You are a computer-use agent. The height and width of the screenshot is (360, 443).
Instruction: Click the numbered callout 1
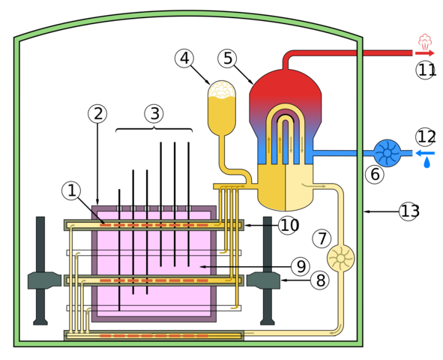pos(71,190)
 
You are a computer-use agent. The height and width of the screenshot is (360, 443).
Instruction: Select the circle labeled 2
pos(97,114)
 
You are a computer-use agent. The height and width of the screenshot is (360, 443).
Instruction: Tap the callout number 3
pos(154,114)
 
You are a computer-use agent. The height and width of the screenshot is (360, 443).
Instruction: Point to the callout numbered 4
pos(184,58)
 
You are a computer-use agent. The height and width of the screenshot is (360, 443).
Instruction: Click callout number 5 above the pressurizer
pos(228,58)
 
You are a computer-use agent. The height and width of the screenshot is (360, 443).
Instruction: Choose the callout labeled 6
pos(375,175)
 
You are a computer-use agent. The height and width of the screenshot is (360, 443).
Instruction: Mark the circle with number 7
pos(322,238)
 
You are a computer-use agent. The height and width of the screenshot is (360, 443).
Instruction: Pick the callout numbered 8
pos(321,280)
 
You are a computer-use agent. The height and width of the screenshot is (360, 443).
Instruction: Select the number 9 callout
pos(301,265)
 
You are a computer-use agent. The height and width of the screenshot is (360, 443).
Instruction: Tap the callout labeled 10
pos(288,225)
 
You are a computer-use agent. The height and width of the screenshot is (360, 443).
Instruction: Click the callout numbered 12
pos(425,137)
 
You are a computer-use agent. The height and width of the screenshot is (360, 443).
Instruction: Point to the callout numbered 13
pos(409,211)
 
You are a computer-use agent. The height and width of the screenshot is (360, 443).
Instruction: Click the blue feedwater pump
pos(387,152)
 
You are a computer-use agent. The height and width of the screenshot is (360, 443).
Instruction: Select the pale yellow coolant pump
pos(340,259)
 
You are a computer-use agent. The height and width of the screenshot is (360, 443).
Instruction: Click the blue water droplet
pos(427,161)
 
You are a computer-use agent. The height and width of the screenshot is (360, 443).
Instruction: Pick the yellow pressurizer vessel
pos(222,109)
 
